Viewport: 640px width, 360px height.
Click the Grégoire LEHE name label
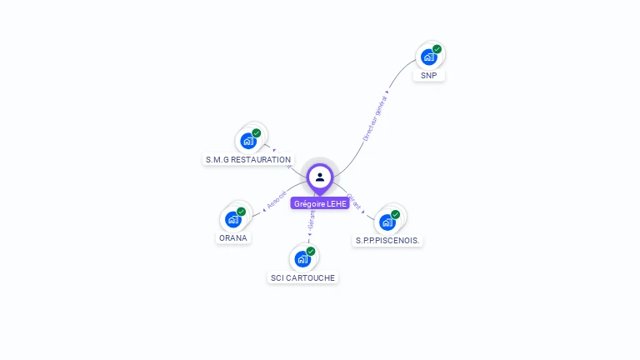pos(320,203)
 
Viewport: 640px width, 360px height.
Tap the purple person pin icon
pos(320,177)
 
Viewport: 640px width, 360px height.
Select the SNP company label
pos(428,75)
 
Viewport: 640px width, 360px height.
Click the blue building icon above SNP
pos(428,57)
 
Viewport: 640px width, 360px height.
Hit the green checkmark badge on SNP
pos(437,49)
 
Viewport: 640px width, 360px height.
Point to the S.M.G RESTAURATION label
pos(248,159)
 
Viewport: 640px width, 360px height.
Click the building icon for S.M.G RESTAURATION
pos(248,141)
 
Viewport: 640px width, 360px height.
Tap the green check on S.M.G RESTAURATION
pos(257,133)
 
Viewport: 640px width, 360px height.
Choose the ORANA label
pos(233,237)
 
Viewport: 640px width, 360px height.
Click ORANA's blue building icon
pos(233,220)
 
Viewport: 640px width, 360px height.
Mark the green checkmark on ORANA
pos(242,212)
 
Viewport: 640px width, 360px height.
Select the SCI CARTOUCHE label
pos(303,277)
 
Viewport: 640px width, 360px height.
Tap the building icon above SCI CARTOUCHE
pos(302,259)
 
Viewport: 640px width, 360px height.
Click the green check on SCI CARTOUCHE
pos(311,251)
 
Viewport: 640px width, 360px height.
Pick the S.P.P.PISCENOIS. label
pos(388,240)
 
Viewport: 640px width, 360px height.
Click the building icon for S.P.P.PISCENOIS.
pos(387,222)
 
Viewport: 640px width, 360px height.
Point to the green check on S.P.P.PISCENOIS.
pos(395,214)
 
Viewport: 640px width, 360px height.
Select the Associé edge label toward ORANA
pos(277,200)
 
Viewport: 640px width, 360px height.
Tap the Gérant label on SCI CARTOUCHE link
pos(312,219)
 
